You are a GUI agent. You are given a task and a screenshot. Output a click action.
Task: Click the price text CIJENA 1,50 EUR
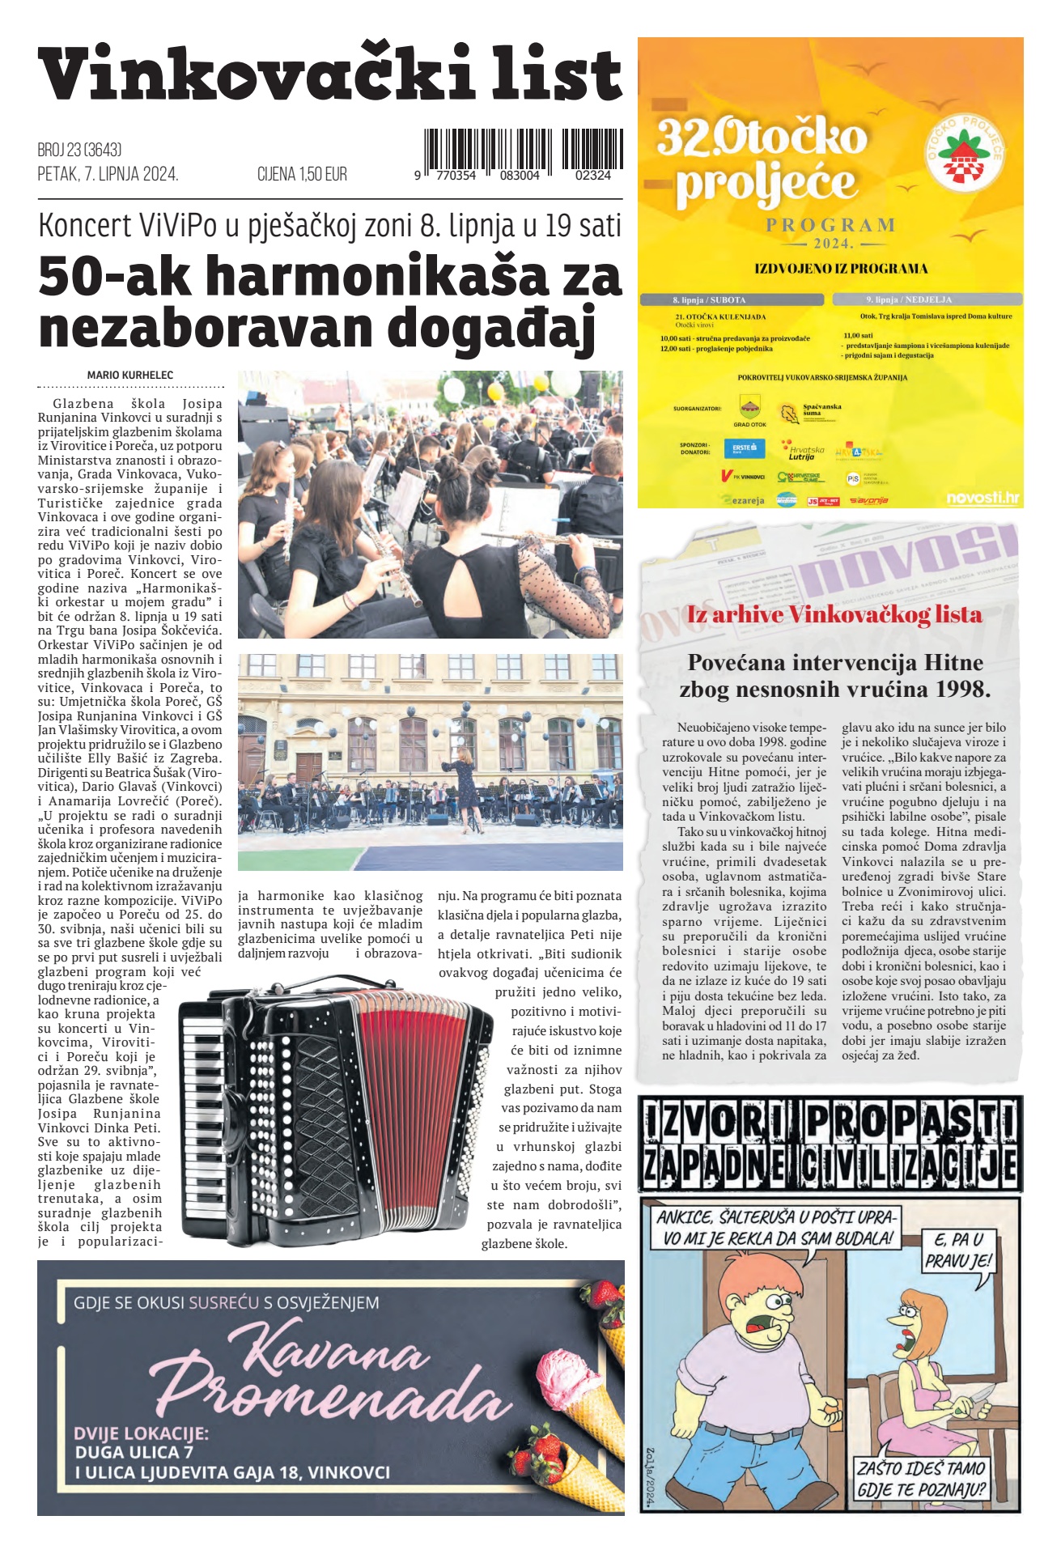click(x=302, y=174)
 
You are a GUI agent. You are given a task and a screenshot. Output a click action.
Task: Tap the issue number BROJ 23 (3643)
click(x=79, y=150)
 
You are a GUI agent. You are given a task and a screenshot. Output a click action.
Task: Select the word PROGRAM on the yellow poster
click(x=830, y=225)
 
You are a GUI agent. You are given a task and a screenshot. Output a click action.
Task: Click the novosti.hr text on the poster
click(x=982, y=498)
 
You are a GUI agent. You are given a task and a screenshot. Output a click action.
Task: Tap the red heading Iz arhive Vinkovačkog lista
click(x=834, y=614)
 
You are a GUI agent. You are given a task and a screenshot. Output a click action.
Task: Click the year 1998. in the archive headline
click(x=963, y=690)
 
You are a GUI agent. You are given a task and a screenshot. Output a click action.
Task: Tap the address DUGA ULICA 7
click(x=134, y=1452)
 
